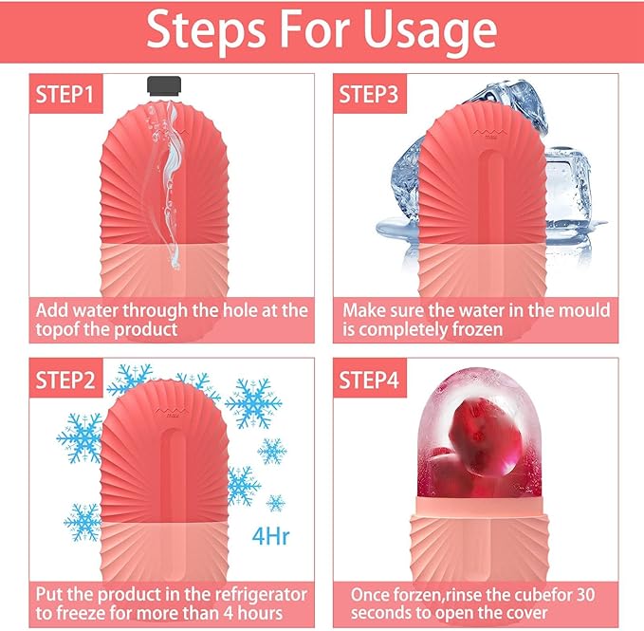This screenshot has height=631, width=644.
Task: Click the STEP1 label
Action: pyautogui.click(x=66, y=96)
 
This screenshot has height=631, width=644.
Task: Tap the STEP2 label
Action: pyautogui.click(x=66, y=381)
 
